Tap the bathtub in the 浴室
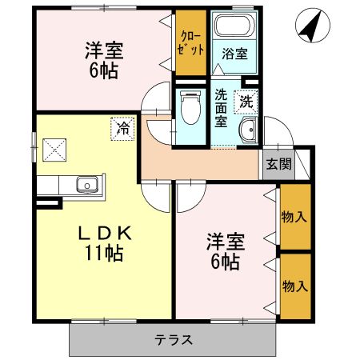tap(234, 25)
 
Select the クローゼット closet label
tap(190, 42)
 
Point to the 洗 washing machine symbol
tap(246, 102)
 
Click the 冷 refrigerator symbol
tap(123, 126)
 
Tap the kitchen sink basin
tap(86, 186)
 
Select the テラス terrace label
tap(174, 339)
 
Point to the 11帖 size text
tap(105, 255)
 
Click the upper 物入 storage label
tap(295, 216)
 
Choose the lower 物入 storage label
tap(295, 286)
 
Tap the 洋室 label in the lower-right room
tap(225, 240)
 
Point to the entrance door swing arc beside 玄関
tap(278, 131)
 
